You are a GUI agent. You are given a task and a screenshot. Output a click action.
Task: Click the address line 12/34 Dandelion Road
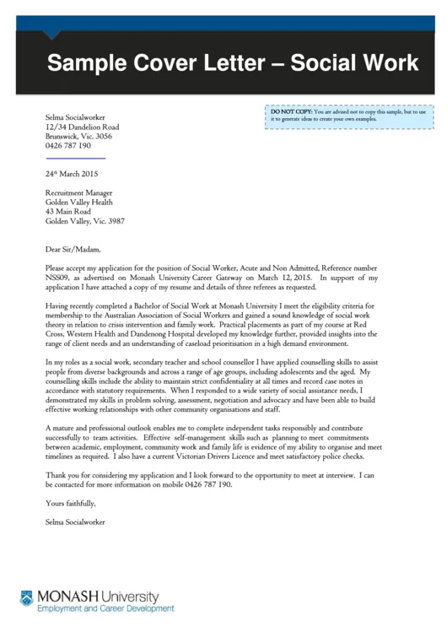click(82, 127)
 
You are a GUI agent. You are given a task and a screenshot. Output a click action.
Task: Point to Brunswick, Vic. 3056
click(78, 136)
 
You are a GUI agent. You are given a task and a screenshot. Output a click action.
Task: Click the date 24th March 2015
click(72, 174)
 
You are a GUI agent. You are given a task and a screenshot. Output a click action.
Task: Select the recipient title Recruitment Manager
click(78, 193)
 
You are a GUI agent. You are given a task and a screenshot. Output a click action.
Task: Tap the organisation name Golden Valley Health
click(78, 203)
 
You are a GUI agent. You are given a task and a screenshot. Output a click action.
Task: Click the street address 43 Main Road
click(68, 212)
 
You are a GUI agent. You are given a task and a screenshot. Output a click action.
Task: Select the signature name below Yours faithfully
click(75, 522)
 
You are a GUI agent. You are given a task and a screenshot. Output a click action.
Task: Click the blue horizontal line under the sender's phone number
click(75, 158)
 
